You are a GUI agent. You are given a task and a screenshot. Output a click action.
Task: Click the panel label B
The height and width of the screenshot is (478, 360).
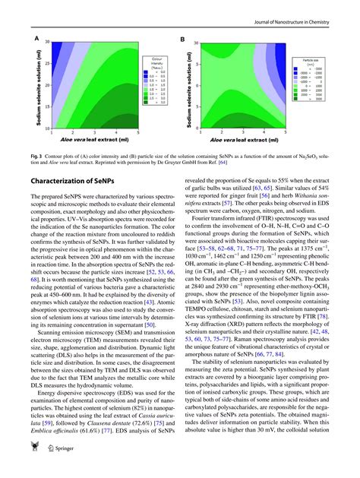click(182, 38)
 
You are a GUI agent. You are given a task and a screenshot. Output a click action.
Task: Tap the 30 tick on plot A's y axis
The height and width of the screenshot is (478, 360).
click(47, 43)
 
